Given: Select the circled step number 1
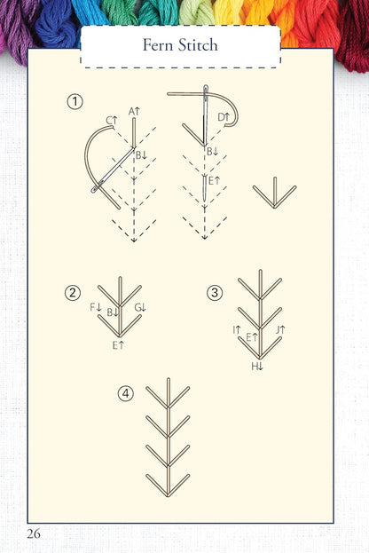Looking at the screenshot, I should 75,103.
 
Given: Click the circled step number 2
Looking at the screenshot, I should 74,292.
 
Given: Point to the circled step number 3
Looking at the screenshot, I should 214,292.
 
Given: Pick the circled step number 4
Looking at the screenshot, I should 127,393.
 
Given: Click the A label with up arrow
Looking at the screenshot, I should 134,112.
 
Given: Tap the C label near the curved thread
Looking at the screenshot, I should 111,121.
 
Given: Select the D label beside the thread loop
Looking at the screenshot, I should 224,116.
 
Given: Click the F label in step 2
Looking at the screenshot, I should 97,307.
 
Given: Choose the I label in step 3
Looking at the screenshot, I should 237,330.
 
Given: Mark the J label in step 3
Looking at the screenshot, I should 279,330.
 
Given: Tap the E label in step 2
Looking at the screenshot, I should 118,344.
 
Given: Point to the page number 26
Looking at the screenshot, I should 34,533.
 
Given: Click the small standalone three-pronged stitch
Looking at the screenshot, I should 274,194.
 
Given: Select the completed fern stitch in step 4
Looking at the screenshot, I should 168,438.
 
